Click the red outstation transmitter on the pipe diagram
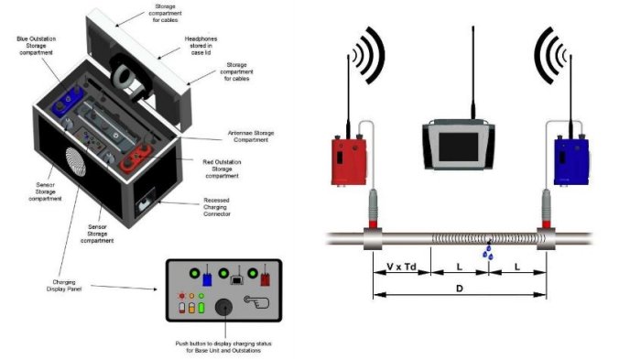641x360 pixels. pos(349,161)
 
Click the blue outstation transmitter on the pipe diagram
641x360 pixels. pos(571,161)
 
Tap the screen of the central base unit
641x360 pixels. pos(458,147)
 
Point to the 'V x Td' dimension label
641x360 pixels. pos(401,267)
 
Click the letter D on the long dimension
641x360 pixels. pos(459,289)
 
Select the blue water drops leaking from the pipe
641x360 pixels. pos(488,253)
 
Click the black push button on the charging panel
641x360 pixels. pos(223,307)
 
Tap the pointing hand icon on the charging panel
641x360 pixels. pos(256,301)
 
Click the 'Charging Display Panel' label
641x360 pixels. pos(64,286)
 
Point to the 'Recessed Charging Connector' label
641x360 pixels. pos(217,207)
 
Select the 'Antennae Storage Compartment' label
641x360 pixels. pos(251,136)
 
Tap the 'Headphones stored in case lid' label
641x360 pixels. pos(201,46)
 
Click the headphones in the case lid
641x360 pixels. pos(130,77)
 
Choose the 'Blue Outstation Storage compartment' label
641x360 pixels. pos(36,46)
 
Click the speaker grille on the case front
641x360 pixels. pos(76,161)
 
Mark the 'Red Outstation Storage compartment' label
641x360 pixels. pos(222,169)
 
